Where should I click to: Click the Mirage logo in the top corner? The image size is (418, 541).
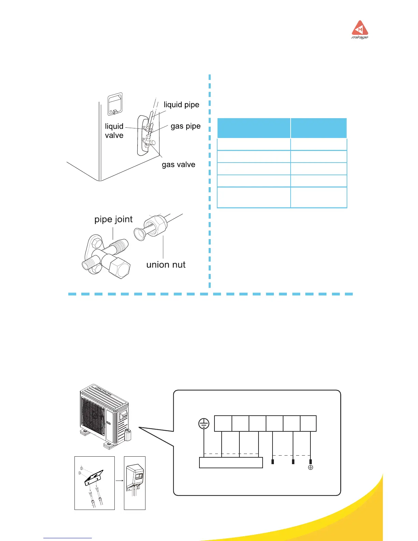click(x=360, y=30)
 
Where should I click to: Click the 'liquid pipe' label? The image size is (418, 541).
click(x=181, y=105)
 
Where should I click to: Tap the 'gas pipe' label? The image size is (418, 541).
click(x=185, y=126)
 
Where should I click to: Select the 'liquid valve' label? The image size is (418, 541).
click(x=114, y=131)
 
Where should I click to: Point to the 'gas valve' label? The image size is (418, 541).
click(x=178, y=165)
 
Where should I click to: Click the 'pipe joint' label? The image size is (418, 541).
click(x=113, y=219)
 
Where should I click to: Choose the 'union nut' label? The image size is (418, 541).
click(x=166, y=265)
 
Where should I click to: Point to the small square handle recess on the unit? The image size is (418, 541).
click(x=115, y=104)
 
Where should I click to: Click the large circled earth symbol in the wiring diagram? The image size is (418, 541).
click(x=204, y=424)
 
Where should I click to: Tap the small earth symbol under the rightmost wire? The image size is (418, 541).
click(x=310, y=468)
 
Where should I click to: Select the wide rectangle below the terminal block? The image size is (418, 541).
click(x=231, y=463)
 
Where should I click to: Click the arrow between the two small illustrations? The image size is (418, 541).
click(x=119, y=481)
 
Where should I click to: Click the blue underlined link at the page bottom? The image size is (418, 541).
click(x=68, y=538)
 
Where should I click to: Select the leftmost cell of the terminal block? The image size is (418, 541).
click(x=223, y=424)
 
